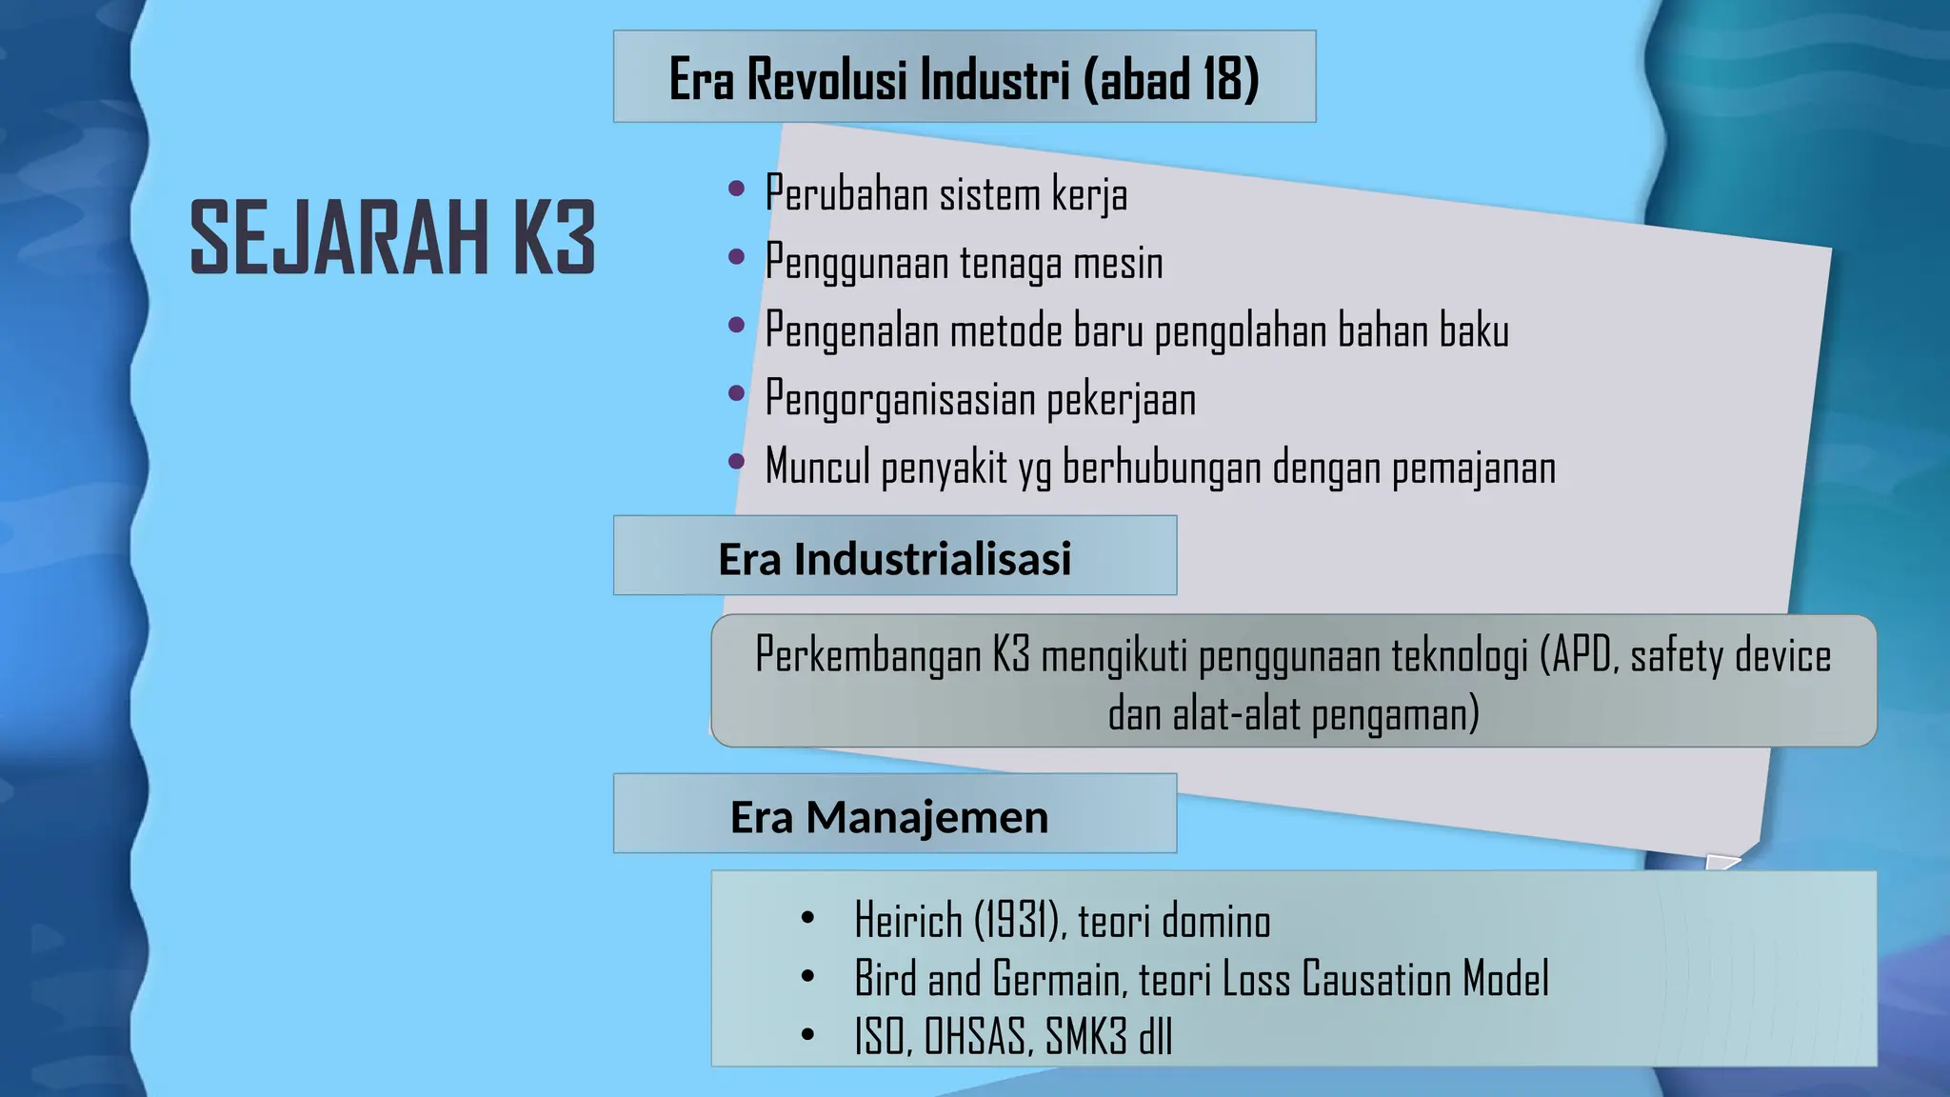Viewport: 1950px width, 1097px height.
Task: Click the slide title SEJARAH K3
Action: tap(392, 238)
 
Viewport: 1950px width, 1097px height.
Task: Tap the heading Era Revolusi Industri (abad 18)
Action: tap(964, 78)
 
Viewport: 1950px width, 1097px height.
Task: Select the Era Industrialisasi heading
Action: tap(894, 559)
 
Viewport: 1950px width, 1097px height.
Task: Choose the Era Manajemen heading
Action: tap(888, 817)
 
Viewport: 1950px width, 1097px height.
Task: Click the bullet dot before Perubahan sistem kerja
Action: tap(736, 189)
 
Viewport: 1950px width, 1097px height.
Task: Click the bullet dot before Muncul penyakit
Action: tap(736, 463)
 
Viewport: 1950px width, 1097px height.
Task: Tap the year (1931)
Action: tap(1018, 921)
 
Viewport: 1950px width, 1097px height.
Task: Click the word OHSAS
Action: tap(978, 1037)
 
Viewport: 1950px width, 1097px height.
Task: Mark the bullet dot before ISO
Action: tap(808, 1034)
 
